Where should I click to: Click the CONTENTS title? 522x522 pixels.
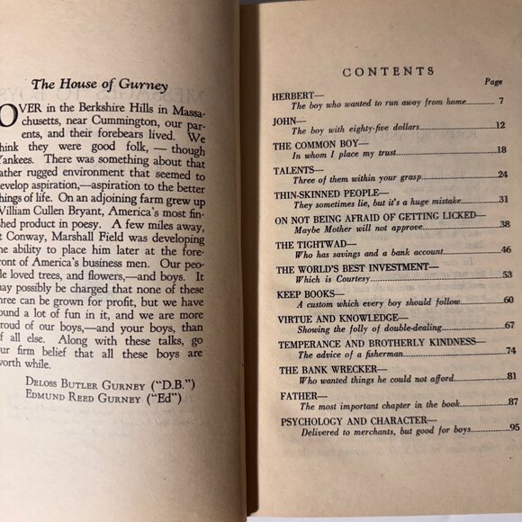point(388,71)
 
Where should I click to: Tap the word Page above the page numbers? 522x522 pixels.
point(493,81)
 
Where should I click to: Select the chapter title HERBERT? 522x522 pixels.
point(295,94)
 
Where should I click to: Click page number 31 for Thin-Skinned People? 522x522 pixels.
point(504,199)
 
